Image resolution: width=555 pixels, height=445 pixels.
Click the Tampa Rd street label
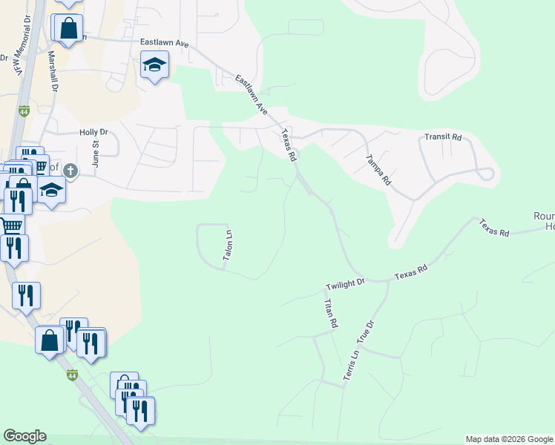click(378, 170)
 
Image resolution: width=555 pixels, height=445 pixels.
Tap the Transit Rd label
click(443, 137)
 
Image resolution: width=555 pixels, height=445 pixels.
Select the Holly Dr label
click(93, 132)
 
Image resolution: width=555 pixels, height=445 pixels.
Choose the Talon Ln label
click(229, 245)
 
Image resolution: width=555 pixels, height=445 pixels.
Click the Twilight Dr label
click(346, 283)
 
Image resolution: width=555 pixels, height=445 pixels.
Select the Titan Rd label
click(330, 313)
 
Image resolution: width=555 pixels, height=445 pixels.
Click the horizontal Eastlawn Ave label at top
click(165, 43)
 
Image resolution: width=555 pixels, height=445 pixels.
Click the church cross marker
click(70, 171)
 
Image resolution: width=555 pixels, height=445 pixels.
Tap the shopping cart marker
click(10, 223)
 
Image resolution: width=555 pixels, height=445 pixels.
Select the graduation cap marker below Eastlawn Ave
click(154, 66)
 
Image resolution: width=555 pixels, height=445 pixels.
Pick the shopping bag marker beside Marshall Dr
click(68, 29)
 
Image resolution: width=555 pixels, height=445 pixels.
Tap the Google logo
click(24, 436)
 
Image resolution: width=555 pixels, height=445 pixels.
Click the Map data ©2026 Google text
click(509, 439)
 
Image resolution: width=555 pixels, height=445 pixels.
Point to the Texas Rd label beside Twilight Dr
click(411, 274)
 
